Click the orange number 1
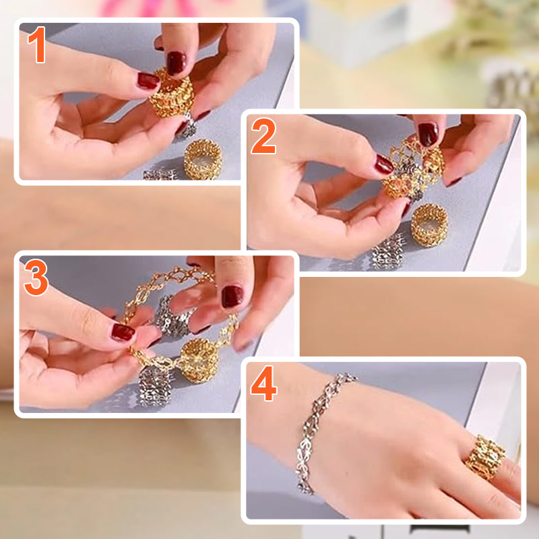click(x=37, y=44)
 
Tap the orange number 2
click(x=263, y=136)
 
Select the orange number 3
click(x=36, y=278)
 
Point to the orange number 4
click(x=264, y=383)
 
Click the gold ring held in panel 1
click(x=172, y=92)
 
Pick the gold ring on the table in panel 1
click(x=203, y=159)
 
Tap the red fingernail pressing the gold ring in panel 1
click(x=176, y=63)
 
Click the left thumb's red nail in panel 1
click(x=148, y=81)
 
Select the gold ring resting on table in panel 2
click(x=429, y=225)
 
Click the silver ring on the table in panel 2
click(x=389, y=253)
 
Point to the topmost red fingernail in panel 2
click(x=428, y=134)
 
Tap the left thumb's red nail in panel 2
click(x=384, y=164)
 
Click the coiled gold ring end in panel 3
click(x=199, y=360)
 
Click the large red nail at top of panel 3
click(x=232, y=296)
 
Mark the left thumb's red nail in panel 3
click(x=123, y=332)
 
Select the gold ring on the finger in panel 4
click(x=485, y=457)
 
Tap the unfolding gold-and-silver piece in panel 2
click(x=412, y=168)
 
